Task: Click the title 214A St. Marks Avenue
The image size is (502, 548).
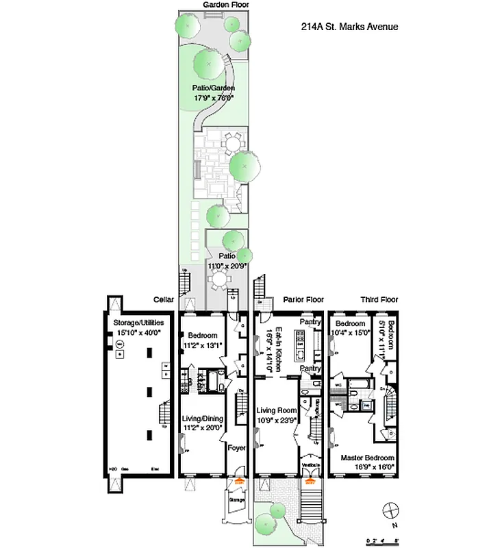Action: [x=344, y=27]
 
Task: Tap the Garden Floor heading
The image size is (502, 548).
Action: [x=226, y=5]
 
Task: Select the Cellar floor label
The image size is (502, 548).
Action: [x=164, y=300]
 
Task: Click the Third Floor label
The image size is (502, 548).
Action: [x=379, y=300]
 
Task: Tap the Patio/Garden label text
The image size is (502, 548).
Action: [x=213, y=88]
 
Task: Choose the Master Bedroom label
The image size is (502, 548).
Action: [x=368, y=458]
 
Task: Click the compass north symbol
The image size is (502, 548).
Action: [x=391, y=510]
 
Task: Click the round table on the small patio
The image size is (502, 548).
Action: [x=219, y=280]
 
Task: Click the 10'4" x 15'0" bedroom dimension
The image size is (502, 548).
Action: [x=350, y=333]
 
